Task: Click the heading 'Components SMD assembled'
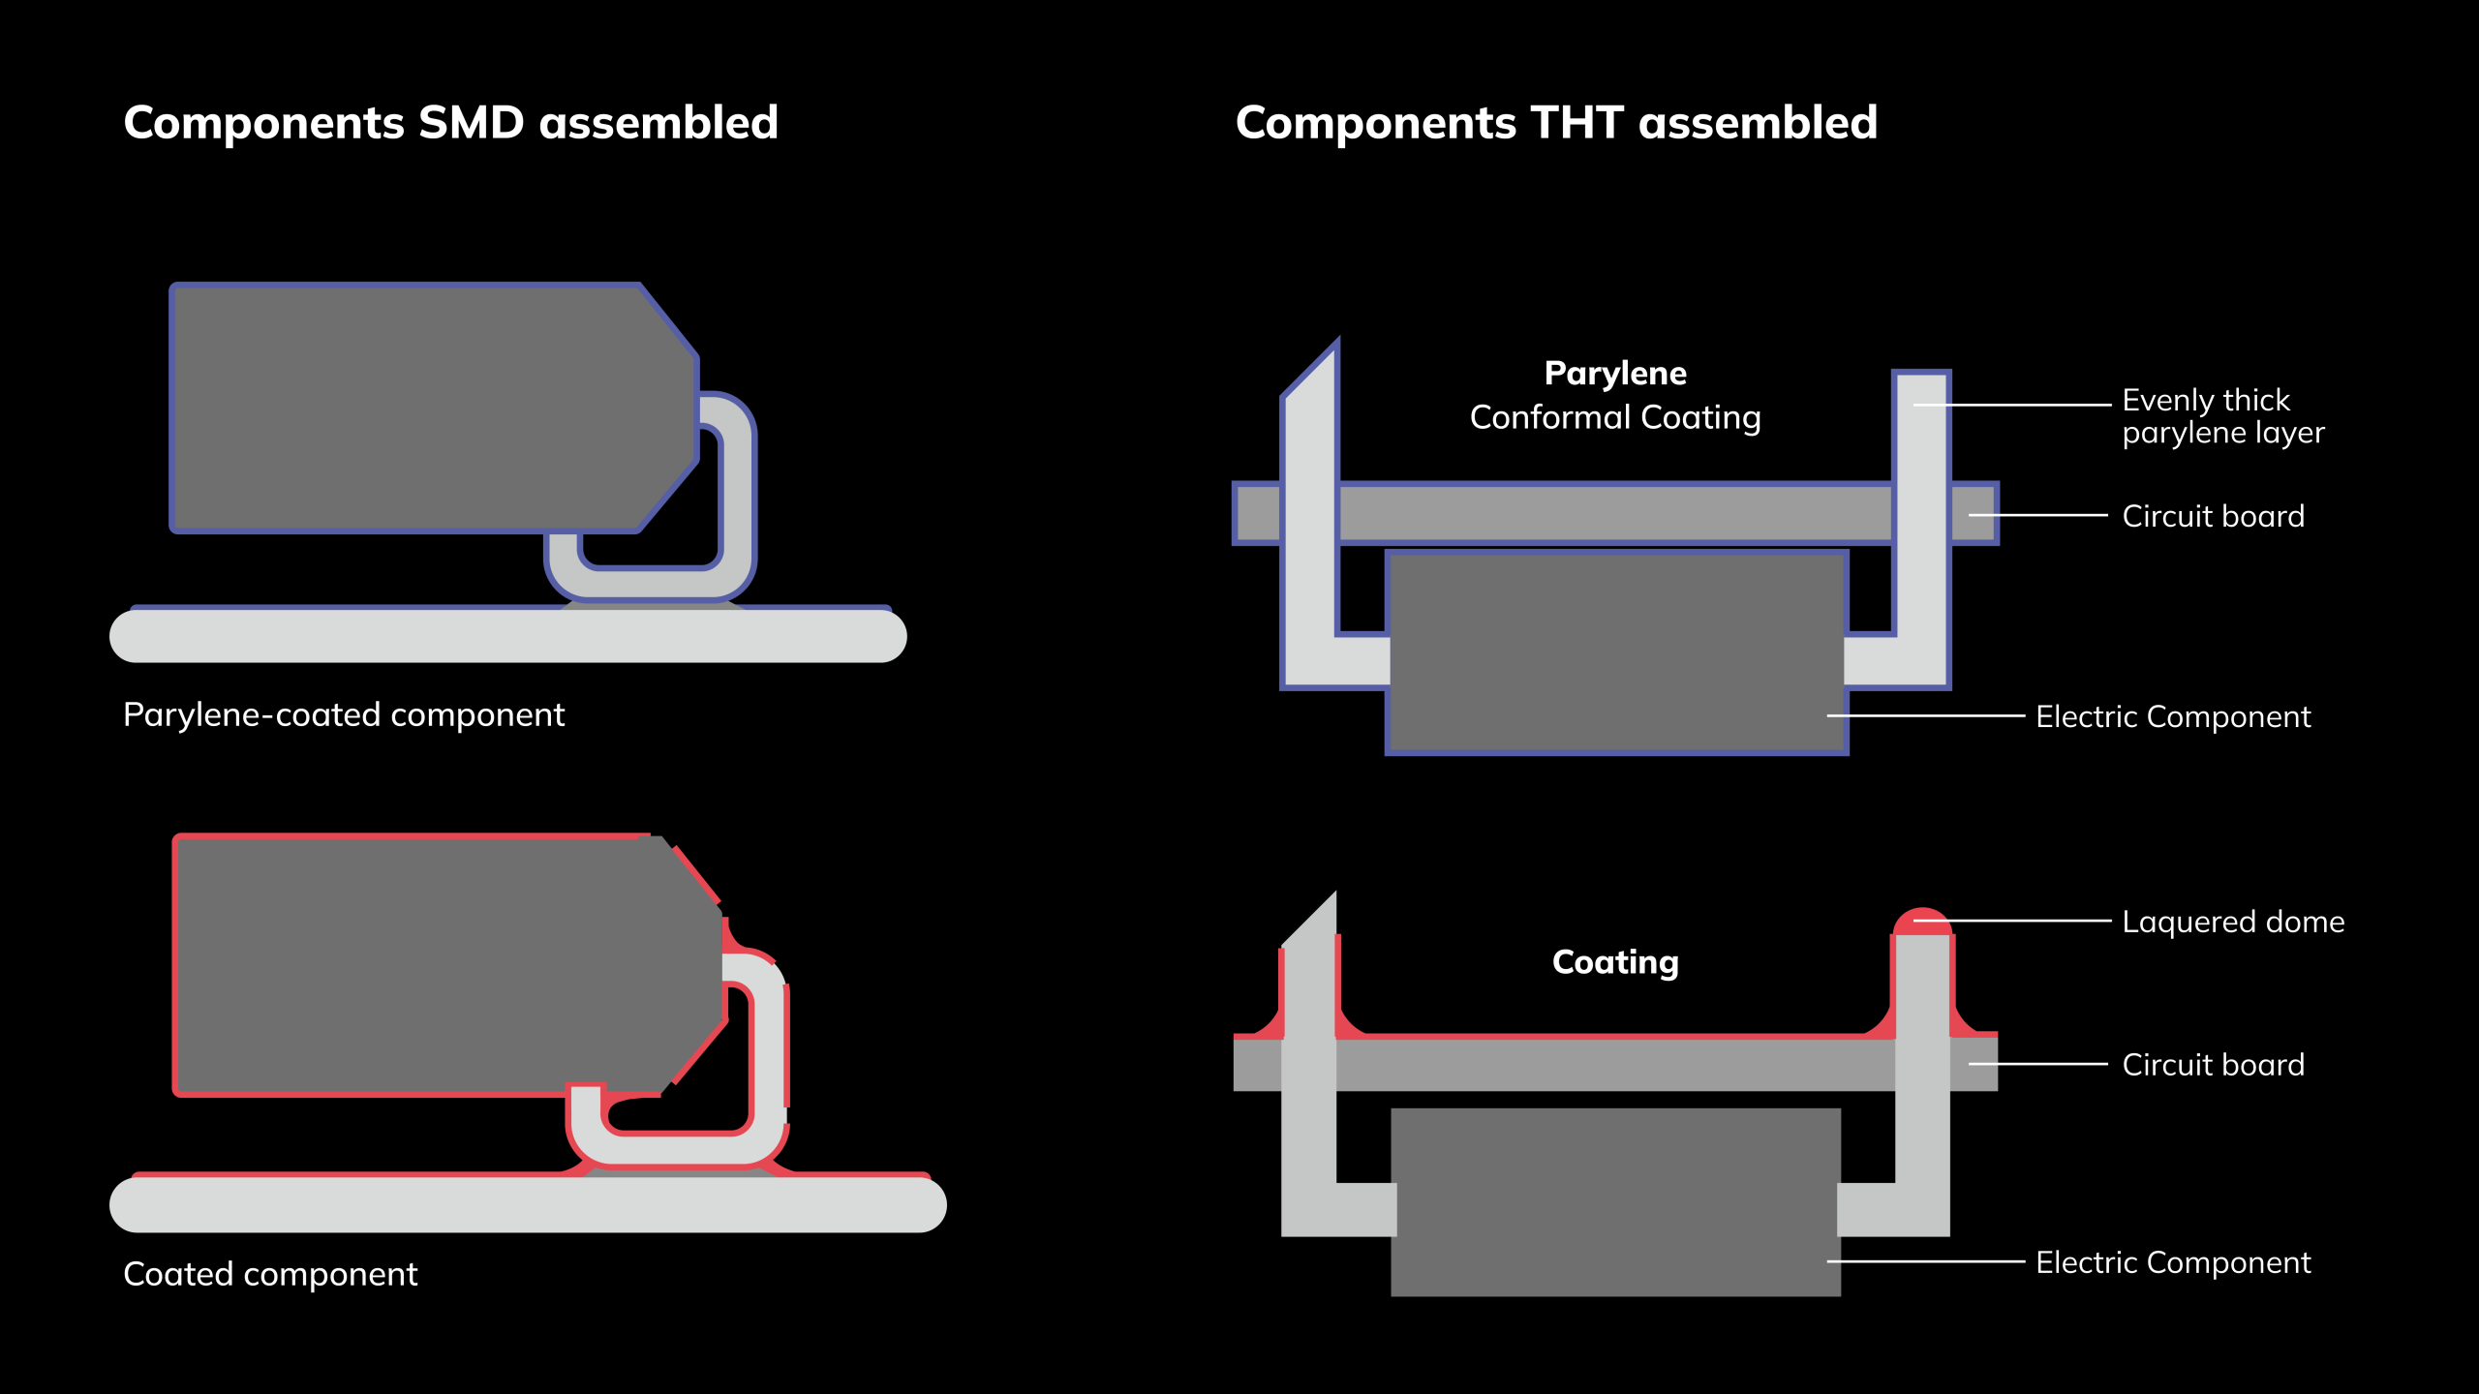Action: coord(450,123)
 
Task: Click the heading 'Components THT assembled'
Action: coord(1556,123)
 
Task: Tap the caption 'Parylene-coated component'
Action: coord(343,714)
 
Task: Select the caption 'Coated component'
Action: coord(270,1274)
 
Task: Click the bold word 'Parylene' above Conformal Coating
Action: coord(1615,373)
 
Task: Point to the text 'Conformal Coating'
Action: coord(1615,417)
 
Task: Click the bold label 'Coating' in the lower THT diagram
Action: coord(1615,961)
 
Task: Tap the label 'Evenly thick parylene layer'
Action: coord(2222,416)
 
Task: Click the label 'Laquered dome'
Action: coord(2233,922)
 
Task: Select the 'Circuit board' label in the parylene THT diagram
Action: coord(2213,516)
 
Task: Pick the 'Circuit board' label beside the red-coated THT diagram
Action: coord(2213,1065)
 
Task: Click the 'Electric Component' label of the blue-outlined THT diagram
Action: coord(2173,716)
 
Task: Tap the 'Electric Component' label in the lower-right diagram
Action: coord(2173,1262)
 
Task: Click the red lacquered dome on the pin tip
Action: coord(1922,922)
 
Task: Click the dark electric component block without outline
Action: coord(1615,1200)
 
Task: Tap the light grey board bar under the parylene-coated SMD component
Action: coord(508,636)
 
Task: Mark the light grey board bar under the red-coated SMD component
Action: coord(528,1204)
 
